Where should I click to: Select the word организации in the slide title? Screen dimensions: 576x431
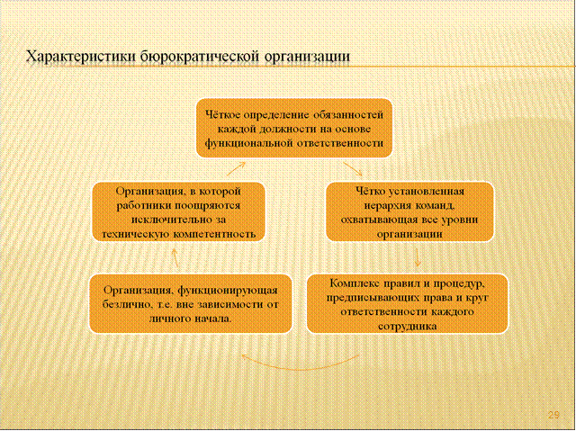306,58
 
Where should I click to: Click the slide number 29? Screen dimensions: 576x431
553,415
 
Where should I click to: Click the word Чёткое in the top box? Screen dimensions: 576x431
222,115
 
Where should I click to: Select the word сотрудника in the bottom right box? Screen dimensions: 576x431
407,326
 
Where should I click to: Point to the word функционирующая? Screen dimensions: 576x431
228,291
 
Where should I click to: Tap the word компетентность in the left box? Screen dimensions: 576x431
214,234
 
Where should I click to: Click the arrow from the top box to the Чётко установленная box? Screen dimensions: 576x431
353,169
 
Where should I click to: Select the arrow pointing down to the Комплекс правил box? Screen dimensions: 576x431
418,257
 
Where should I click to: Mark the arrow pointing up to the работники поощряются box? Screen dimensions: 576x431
175,257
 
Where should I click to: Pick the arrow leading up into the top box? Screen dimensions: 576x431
236,169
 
